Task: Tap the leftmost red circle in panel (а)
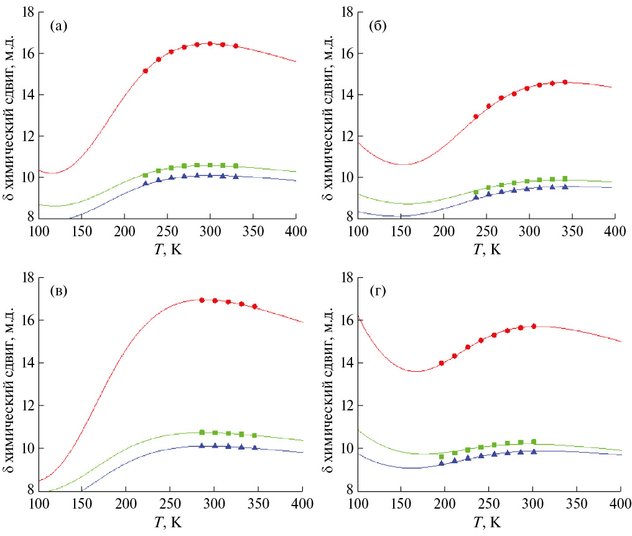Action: pos(146,71)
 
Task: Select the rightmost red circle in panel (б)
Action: pos(565,82)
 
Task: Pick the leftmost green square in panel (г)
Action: pos(442,456)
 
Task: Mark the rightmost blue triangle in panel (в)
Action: pos(254,447)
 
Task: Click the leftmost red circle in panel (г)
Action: pos(442,363)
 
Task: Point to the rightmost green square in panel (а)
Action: pos(235,165)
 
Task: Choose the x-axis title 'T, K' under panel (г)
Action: pos(488,522)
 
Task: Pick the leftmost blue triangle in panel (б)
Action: pos(476,197)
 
